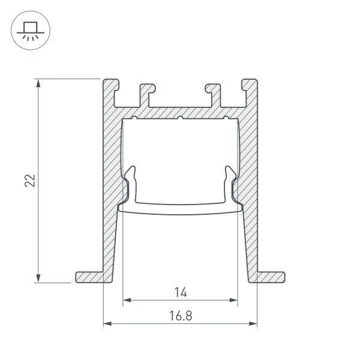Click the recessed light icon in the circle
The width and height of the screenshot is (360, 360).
pyautogui.click(x=28, y=29)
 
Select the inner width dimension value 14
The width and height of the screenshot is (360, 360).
pyautogui.click(x=181, y=292)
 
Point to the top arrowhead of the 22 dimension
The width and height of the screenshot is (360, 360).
pyautogui.click(x=39, y=83)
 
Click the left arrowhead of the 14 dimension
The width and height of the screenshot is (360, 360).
pyautogui.click(x=126, y=300)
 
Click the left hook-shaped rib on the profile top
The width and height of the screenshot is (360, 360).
pyautogui.click(x=146, y=94)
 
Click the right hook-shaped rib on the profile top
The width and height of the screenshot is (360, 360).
pyautogui.click(x=214, y=94)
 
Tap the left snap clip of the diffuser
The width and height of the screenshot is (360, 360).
pyautogui.click(x=130, y=180)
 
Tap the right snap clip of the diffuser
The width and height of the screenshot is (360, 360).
pyautogui.click(x=230, y=180)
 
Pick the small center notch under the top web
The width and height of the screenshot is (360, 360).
pyautogui.click(x=180, y=117)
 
